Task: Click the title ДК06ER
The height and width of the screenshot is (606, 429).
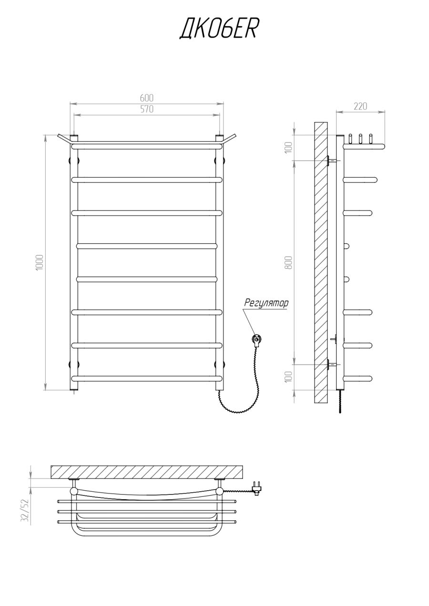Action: pyautogui.click(x=218, y=29)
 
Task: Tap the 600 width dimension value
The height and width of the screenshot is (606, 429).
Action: pyautogui.click(x=147, y=98)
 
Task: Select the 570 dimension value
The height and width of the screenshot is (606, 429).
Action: pyautogui.click(x=147, y=109)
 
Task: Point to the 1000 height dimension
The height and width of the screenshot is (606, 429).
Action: pyautogui.click(x=39, y=262)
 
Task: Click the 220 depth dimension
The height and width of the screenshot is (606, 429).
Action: pyautogui.click(x=360, y=106)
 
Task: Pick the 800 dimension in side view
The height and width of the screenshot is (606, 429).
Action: pyautogui.click(x=289, y=262)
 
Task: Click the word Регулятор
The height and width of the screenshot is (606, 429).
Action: pyautogui.click(x=266, y=303)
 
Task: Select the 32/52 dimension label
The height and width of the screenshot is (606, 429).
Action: pyautogui.click(x=25, y=512)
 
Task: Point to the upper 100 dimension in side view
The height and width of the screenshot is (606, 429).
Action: pyautogui.click(x=289, y=147)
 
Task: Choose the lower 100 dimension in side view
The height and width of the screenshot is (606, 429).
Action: pyautogui.click(x=289, y=377)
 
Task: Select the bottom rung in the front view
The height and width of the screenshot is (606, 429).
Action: pyautogui.click(x=147, y=378)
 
